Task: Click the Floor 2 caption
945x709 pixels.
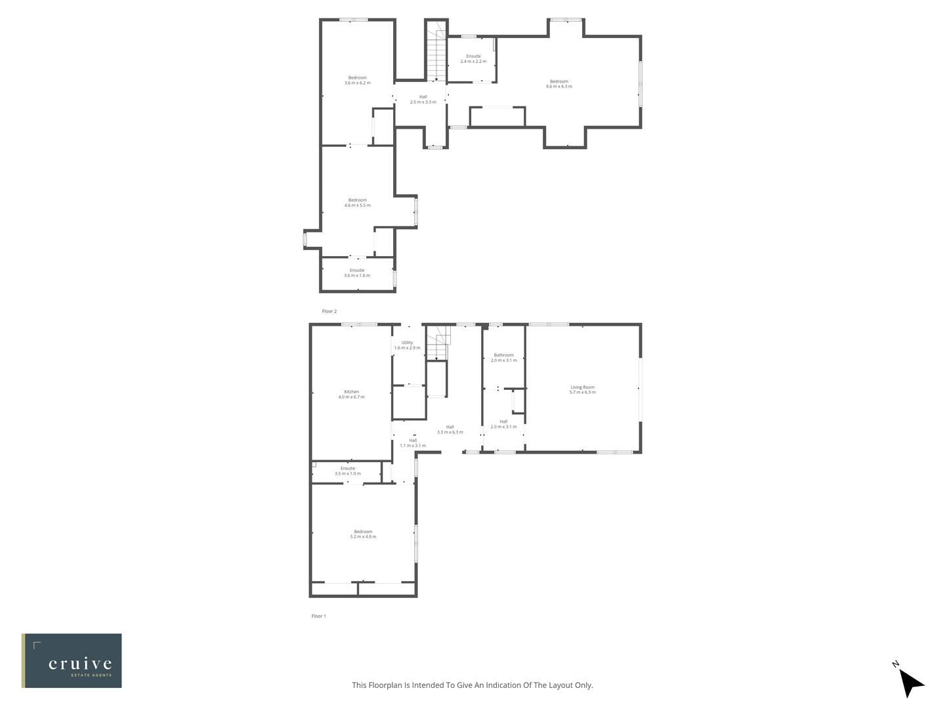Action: pos(329,311)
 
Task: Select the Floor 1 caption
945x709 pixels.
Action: pos(318,616)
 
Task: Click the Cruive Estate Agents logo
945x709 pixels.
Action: pos(72,660)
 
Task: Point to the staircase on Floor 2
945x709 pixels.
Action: pos(436,56)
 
